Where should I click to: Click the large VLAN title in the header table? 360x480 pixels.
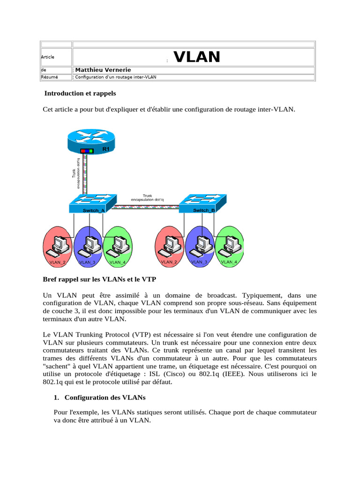point(197,57)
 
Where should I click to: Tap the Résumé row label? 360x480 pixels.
point(48,77)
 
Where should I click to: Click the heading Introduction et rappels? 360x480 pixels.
point(80,93)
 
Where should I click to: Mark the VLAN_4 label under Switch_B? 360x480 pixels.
point(229,262)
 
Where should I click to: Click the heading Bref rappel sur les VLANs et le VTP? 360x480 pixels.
point(99,280)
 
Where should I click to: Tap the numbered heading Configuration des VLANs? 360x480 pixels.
point(105,397)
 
